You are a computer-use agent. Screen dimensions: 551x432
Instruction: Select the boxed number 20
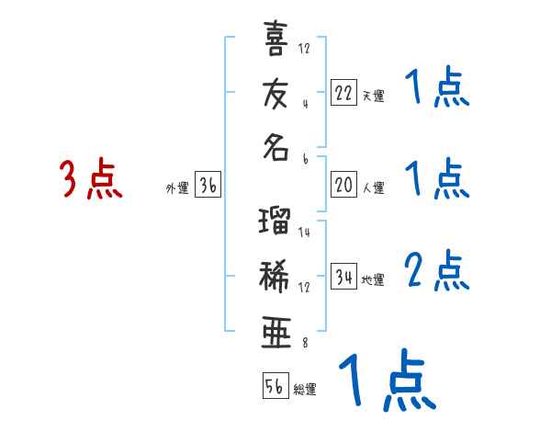pos(343,184)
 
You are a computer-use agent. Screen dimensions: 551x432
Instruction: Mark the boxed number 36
pos(208,187)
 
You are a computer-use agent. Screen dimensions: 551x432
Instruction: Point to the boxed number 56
pos(275,385)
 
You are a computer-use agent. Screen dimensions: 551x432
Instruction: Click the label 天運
pos(372,96)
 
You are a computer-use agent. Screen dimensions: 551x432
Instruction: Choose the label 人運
pos(373,188)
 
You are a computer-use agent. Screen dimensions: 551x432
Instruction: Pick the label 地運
pos(373,280)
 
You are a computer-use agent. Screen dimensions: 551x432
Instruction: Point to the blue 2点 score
pos(437,270)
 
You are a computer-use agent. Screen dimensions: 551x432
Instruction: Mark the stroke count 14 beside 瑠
pos(305,233)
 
